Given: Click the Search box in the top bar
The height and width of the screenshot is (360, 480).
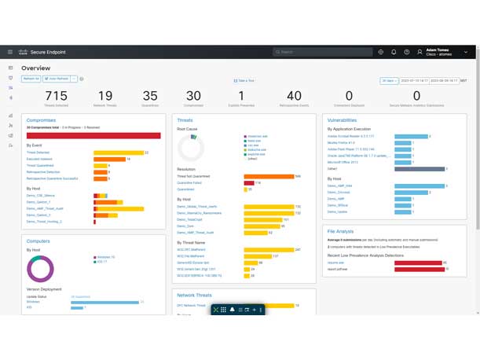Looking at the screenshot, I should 323,52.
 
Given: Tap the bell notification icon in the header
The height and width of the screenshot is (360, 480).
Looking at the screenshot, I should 394,52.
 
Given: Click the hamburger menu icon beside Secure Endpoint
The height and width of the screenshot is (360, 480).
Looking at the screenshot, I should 10,52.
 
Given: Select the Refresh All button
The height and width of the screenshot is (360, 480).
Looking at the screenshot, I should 31,79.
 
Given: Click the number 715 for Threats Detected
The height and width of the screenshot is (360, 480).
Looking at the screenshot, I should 57,96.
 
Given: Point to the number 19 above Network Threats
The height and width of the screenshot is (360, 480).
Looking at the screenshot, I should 104,96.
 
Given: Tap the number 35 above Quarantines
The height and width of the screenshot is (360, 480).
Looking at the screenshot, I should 150,96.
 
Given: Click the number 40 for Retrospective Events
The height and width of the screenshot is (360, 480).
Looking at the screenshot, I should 294,96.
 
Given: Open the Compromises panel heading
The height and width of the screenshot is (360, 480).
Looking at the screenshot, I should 41,120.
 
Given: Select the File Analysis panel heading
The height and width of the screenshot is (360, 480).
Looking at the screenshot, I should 340,231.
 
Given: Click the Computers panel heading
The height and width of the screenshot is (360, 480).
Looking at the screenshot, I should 38,241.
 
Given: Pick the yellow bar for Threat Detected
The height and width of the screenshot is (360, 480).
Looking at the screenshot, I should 119,152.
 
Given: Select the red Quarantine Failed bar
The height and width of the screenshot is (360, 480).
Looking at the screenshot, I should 248,183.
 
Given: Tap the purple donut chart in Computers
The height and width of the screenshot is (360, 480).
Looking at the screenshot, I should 40,269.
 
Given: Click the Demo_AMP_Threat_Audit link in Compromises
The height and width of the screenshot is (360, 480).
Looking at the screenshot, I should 45,209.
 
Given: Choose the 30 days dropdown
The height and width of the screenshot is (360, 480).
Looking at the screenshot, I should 389,81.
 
